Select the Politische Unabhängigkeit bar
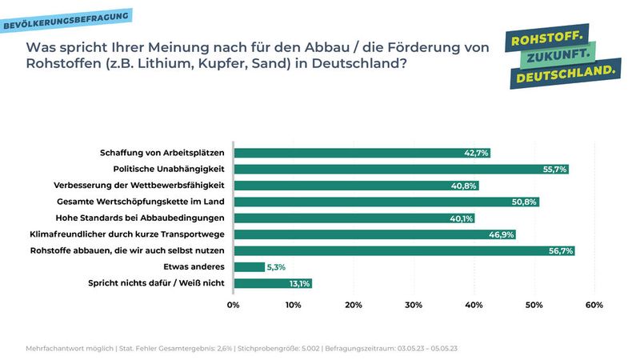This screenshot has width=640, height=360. point(400,169)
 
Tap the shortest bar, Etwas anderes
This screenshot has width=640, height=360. point(249,266)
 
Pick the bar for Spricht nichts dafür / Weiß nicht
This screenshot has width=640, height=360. point(272,283)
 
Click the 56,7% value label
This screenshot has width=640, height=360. point(559,250)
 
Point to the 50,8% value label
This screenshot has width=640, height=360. point(524,202)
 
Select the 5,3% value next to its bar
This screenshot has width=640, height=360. point(276,266)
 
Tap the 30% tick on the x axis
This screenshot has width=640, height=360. point(414,305)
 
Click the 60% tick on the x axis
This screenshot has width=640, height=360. point(594,305)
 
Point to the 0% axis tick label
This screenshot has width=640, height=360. point(234,305)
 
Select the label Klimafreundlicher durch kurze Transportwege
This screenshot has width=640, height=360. point(126,234)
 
